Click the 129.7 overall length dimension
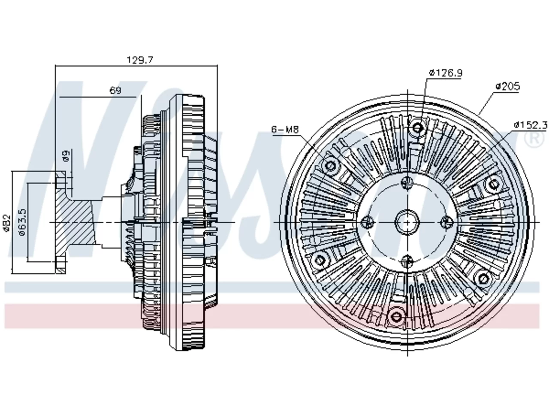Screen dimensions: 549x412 [140, 60]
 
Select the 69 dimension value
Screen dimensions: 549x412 [115, 90]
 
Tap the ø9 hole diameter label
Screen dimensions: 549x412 [66, 156]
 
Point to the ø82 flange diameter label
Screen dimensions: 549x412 [7, 223]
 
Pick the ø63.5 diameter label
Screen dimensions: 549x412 [22, 222]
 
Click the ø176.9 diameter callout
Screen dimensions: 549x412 [446, 73]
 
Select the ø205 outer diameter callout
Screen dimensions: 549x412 [508, 86]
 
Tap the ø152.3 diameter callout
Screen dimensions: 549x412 [531, 125]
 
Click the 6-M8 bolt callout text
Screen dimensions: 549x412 [285, 130]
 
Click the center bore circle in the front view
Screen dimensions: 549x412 [407, 222]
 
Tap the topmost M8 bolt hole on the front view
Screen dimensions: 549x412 [417, 128]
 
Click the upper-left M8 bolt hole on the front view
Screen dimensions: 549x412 [330, 165]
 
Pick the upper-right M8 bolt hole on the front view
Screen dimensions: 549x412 [494, 185]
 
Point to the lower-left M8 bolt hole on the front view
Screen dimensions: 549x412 [320, 261]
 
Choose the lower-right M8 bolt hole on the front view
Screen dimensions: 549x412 [483, 279]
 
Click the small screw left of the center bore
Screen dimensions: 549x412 [368, 222]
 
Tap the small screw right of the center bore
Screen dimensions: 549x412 [446, 222]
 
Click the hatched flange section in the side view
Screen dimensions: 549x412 [75, 222]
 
